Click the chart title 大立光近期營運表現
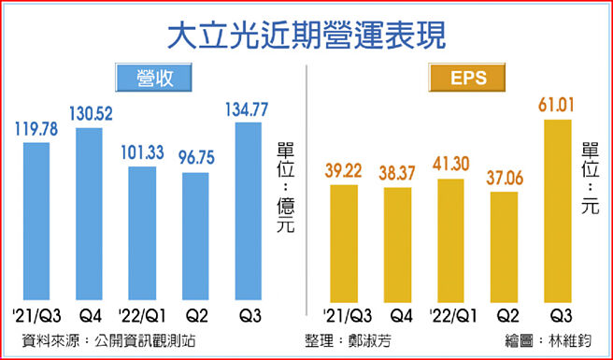tap(306, 36)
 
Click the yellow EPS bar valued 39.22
tap(345, 243)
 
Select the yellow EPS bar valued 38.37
tap(398, 245)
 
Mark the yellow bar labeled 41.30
tap(451, 240)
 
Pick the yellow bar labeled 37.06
tap(505, 247)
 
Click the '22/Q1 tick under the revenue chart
tap(143, 314)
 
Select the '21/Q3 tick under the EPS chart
tap(345, 314)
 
